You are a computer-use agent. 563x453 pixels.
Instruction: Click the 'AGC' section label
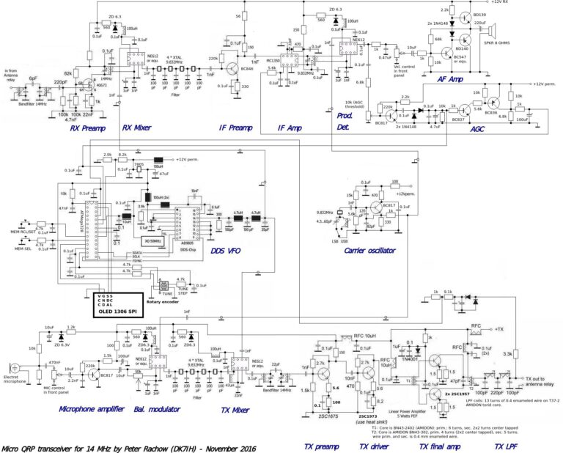[477, 129]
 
